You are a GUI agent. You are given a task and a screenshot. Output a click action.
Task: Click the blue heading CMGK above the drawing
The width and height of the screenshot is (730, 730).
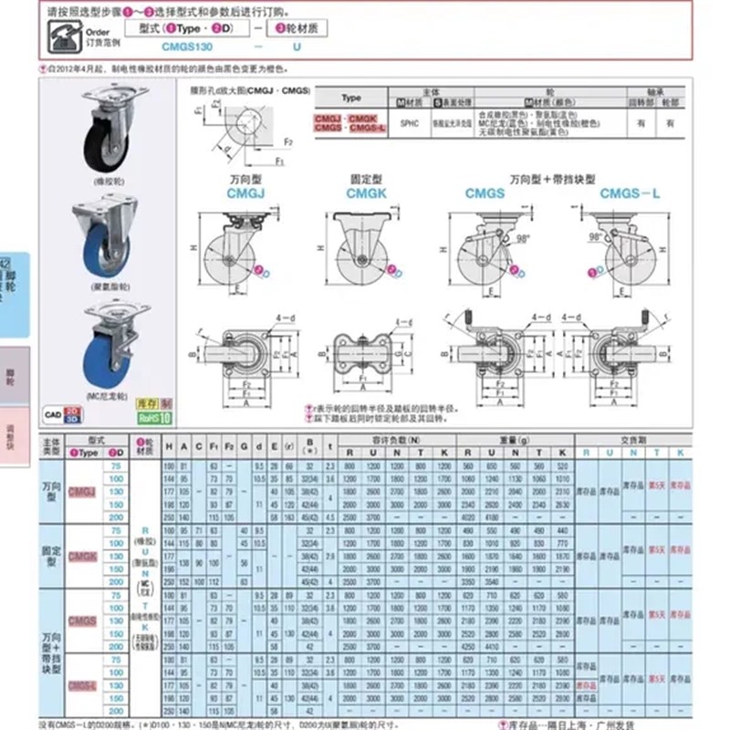[362, 193]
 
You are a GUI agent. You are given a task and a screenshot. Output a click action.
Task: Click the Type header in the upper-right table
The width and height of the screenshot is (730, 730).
[351, 98]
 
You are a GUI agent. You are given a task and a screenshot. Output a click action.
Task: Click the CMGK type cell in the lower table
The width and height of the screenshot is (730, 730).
[82, 555]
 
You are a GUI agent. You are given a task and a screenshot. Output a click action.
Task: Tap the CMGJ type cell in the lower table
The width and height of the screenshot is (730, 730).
[82, 491]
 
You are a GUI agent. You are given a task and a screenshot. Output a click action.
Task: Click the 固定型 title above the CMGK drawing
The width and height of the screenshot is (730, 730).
[362, 180]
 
